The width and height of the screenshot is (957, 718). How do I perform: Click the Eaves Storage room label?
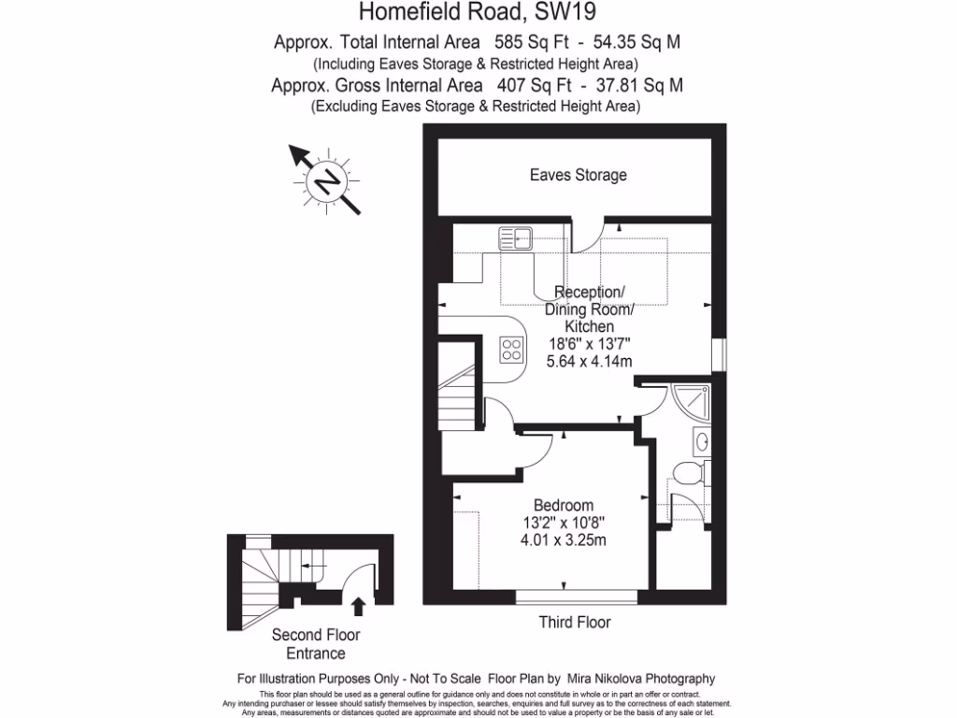click(x=578, y=175)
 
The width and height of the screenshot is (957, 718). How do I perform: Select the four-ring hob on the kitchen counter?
click(x=511, y=350)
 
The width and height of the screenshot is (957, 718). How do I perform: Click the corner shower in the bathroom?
click(x=693, y=401)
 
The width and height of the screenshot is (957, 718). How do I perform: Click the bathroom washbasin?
click(x=701, y=440)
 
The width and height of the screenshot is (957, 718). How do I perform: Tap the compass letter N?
click(x=327, y=180)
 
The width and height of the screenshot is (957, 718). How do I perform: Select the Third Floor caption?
click(x=575, y=623)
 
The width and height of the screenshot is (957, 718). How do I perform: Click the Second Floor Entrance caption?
click(x=316, y=644)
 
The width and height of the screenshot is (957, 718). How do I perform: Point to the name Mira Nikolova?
click(x=610, y=679)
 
